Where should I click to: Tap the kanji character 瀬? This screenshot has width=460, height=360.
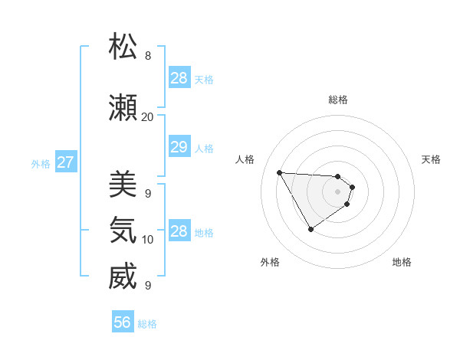click(123, 108)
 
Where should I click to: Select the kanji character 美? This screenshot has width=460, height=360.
click(123, 185)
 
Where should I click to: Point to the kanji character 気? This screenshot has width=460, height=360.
click(123, 231)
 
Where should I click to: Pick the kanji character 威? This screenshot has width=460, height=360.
click(123, 277)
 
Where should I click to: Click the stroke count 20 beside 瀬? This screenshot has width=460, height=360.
click(147, 117)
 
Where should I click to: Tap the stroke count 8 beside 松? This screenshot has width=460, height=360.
click(147, 56)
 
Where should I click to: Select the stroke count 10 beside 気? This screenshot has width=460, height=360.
click(147, 240)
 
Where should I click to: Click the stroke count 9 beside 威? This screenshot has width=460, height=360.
click(147, 286)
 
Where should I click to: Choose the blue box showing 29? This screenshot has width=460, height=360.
click(179, 148)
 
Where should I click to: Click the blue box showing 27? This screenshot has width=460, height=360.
click(65, 162)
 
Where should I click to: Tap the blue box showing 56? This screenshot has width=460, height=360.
click(123, 322)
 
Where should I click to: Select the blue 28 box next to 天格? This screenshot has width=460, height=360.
click(179, 78)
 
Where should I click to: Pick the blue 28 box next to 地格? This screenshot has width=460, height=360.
click(179, 231)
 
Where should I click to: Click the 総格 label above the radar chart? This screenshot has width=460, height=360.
click(338, 100)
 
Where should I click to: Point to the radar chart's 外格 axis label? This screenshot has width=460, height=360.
click(270, 263)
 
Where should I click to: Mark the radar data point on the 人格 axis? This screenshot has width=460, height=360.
click(279, 172)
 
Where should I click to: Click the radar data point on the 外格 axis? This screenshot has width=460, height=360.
click(310, 229)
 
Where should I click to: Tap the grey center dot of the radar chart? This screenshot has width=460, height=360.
click(338, 191)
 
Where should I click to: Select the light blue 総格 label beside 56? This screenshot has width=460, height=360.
click(147, 324)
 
